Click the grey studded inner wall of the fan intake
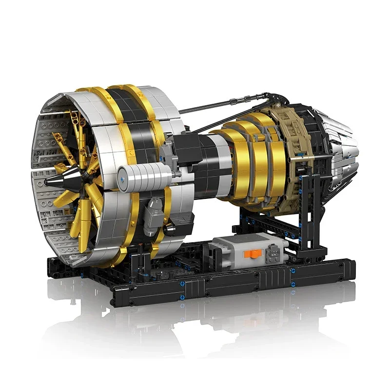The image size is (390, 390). point(46,146)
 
